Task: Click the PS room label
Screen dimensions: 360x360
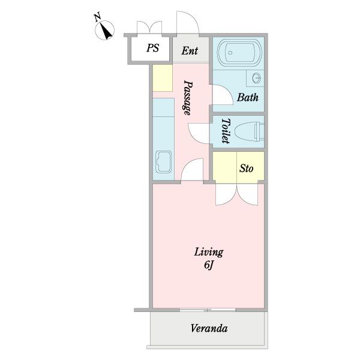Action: coord(152,48)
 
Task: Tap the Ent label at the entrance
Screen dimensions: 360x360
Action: coord(190,51)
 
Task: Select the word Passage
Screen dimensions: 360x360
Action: coord(188,98)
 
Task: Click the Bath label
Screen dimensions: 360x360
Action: coord(248,97)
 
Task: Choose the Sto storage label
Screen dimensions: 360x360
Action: coord(247,168)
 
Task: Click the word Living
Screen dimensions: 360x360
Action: coord(209,253)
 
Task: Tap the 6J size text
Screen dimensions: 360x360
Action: coord(209,265)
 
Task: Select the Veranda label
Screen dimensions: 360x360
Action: coord(209,328)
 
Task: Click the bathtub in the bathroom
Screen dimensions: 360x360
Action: coord(239,53)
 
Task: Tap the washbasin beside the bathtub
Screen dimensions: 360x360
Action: coord(256,78)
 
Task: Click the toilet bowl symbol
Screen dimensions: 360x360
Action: coord(249,131)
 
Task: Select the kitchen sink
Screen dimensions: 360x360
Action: coord(163,161)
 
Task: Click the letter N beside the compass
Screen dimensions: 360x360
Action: coord(98,17)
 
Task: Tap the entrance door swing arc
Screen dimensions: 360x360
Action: coord(188,22)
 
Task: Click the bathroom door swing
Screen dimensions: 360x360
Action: coord(223,95)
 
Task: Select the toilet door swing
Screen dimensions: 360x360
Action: coord(199,133)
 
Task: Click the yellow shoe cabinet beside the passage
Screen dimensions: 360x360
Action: coord(163,78)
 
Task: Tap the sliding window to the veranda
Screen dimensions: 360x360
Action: coord(208,310)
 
